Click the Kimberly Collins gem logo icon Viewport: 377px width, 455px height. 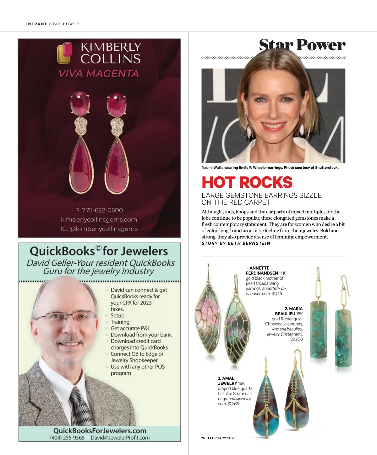65,53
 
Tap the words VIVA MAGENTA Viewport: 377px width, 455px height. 99,74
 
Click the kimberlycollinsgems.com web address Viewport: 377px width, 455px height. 99,219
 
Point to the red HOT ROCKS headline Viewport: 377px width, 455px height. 247,183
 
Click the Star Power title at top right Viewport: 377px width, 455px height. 302,45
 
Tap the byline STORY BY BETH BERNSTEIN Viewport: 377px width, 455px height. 236,243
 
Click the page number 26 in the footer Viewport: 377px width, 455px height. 203,438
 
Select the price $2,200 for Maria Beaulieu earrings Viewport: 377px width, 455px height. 296,339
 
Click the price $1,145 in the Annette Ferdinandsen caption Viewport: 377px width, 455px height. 277,293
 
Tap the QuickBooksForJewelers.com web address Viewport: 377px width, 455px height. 100,431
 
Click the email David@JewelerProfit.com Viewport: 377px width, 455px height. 120,438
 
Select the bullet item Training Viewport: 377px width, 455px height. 120,322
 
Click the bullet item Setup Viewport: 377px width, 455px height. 117,315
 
